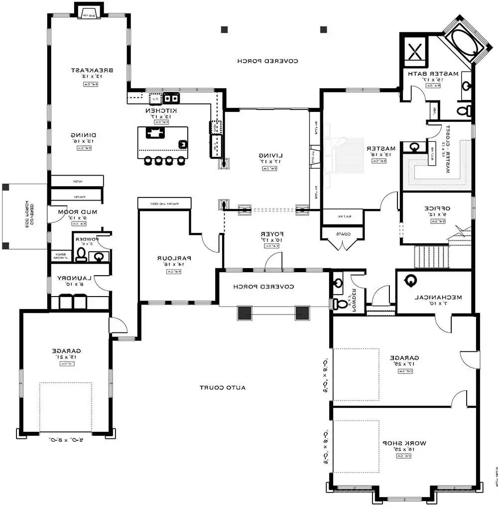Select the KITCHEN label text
coord(162,110)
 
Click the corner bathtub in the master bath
coord(467,44)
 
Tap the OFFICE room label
coord(437,208)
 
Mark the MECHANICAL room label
coord(438,297)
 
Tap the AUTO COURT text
coord(223,387)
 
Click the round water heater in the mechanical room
coord(411,282)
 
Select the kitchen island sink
coord(183,144)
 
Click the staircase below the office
coord(432,256)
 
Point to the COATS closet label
coord(343,233)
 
